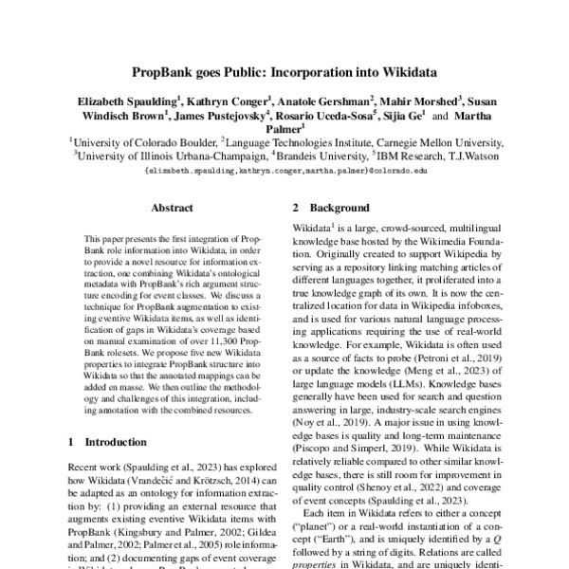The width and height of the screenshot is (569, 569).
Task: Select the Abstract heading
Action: click(172, 208)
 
